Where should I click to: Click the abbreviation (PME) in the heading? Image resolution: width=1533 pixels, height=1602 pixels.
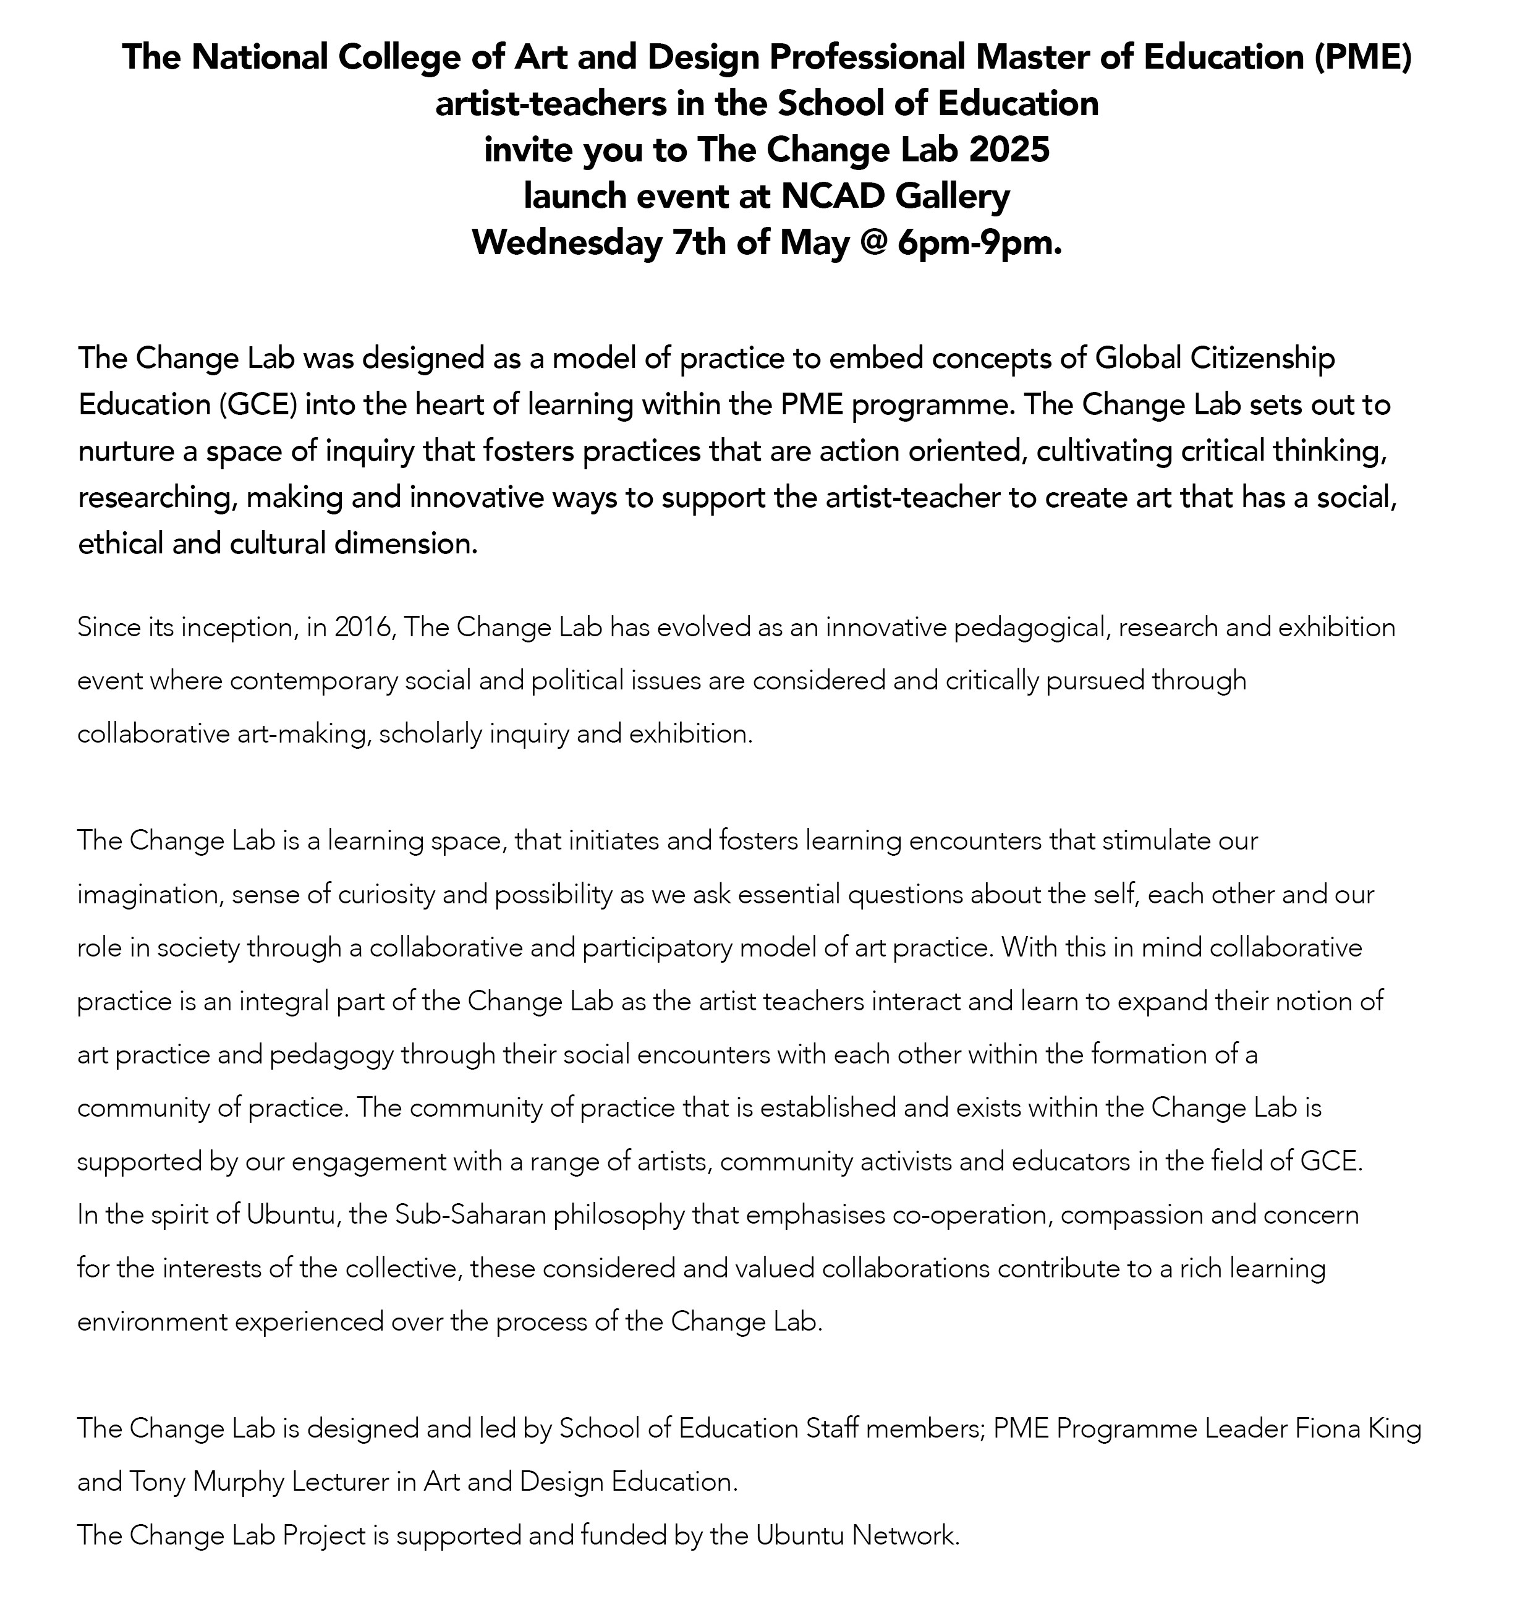[1363, 58]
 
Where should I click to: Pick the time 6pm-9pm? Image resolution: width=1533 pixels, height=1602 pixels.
[980, 244]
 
